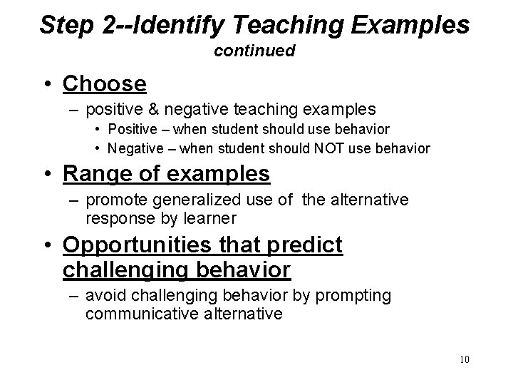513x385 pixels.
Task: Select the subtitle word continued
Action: [254, 51]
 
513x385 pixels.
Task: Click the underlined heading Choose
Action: [105, 84]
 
